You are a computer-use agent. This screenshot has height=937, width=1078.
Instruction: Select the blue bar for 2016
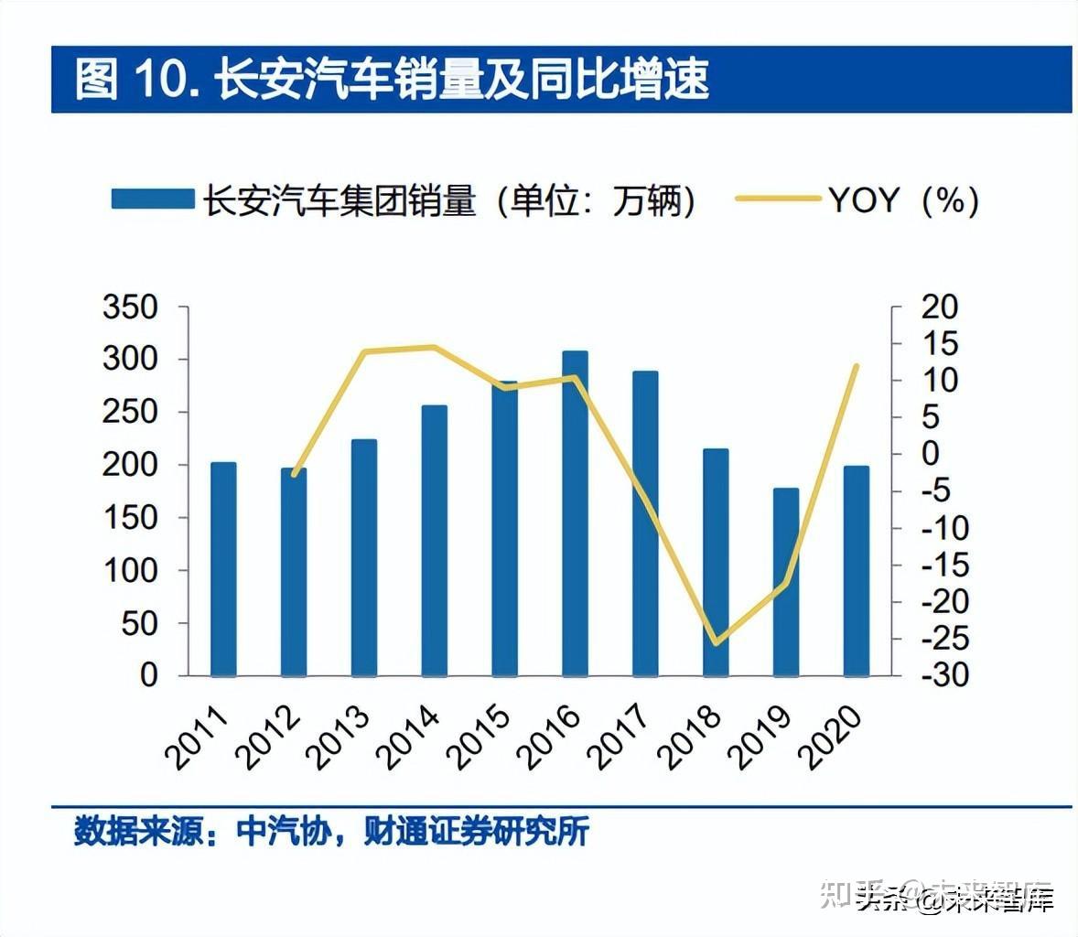click(575, 512)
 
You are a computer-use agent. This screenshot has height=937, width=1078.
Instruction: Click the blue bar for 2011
click(223, 568)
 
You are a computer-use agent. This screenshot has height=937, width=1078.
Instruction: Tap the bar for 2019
click(786, 581)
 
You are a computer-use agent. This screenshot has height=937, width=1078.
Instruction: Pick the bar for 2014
click(435, 540)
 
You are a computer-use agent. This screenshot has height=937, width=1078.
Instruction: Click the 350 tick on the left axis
click(130, 307)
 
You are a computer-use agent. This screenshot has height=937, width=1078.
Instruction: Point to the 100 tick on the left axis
click(130, 570)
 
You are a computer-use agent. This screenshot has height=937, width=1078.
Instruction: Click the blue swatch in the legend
click(152, 199)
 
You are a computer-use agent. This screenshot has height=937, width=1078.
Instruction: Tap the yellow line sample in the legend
click(777, 199)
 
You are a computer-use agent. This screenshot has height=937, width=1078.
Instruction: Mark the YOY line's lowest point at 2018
click(716, 643)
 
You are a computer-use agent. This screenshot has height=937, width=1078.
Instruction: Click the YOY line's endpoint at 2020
click(857, 366)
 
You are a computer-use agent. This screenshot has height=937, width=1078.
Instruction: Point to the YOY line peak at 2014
click(435, 347)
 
